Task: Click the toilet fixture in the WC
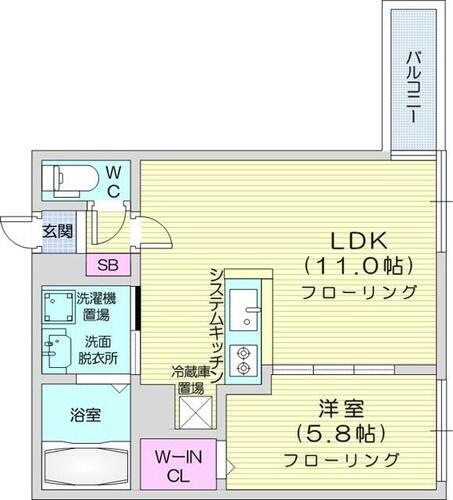[71, 178]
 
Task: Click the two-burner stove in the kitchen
[242, 360]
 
